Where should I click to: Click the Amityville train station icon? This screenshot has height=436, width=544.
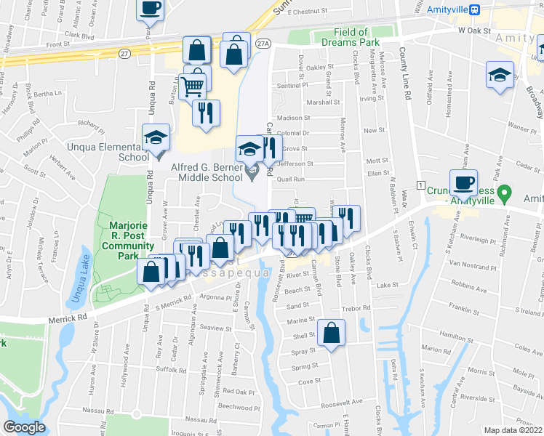475,9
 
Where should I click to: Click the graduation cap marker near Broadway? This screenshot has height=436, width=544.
500,75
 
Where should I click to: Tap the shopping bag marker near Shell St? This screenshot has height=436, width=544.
331,334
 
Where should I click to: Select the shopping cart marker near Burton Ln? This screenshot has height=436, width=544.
193,86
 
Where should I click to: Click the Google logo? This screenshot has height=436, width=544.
24,427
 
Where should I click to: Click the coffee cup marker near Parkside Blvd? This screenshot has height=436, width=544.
151,8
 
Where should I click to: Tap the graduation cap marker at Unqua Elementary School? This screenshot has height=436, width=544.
156,138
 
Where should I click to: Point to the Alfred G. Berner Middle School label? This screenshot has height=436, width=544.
206,171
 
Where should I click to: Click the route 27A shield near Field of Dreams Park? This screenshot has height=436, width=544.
263,44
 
